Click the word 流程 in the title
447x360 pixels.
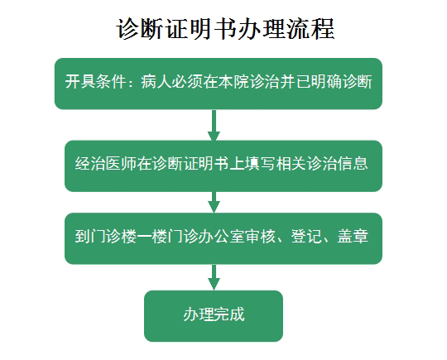coord(310,28)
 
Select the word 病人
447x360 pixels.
coord(156,82)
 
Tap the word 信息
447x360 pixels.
coord(353,164)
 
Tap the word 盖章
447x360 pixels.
coord(353,237)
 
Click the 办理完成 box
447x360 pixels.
coord(214,316)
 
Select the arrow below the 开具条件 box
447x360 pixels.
coord(214,125)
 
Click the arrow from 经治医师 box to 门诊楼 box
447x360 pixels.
coord(214,202)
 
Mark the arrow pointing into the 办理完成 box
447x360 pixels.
coord(214,277)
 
